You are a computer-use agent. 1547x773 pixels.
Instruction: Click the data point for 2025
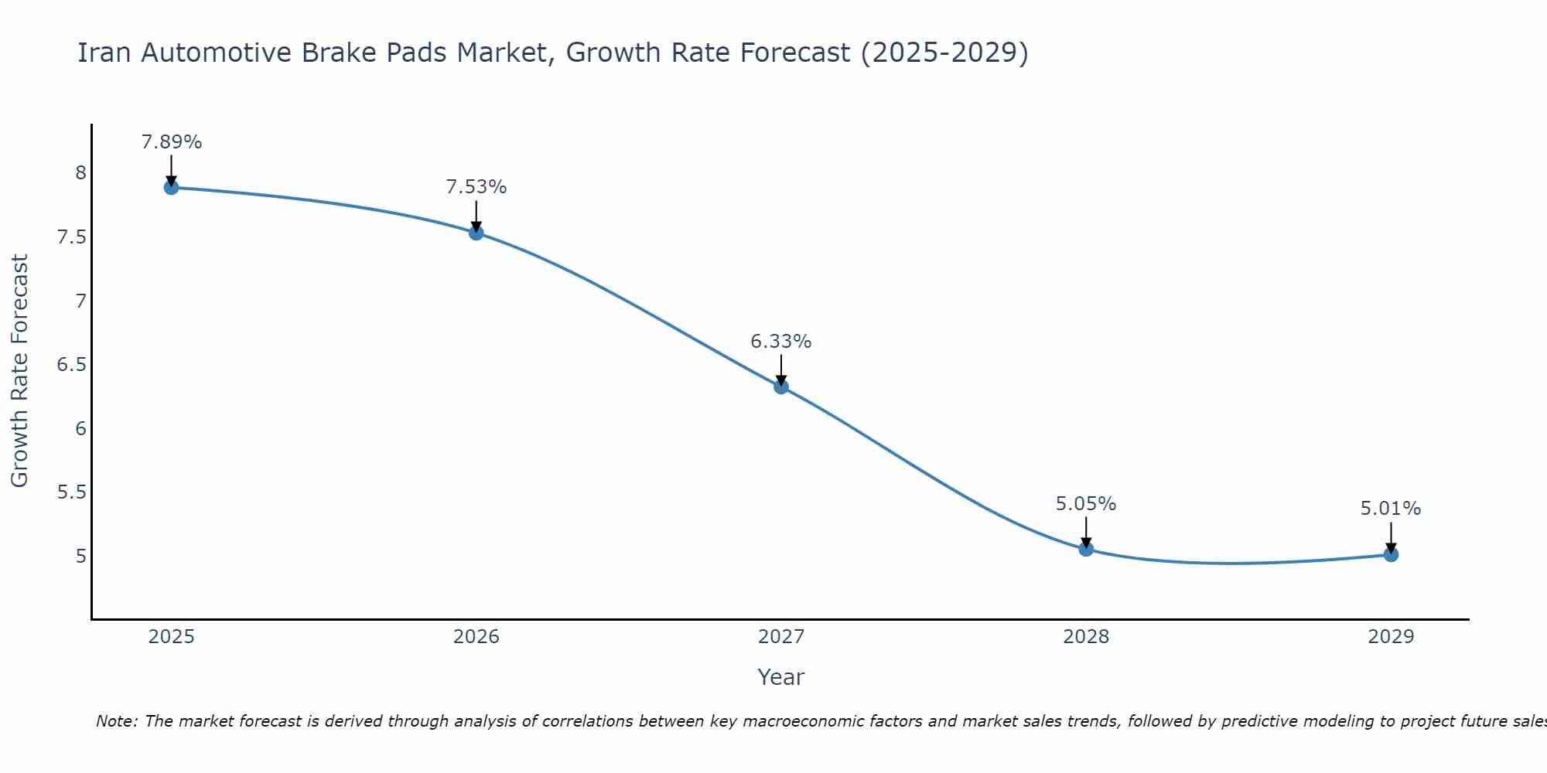(171, 187)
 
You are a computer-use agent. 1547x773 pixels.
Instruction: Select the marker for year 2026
(476, 233)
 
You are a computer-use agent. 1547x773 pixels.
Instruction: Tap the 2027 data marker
(781, 386)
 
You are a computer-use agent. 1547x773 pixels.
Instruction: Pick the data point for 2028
(1086, 550)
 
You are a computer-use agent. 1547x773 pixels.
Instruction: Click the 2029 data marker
(1391, 554)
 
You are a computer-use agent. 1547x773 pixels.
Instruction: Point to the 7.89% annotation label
(171, 142)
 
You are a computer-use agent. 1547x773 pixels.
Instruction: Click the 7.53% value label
(476, 187)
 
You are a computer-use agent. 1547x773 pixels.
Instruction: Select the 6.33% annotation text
(781, 342)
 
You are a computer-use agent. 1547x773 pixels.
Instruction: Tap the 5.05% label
(1086, 504)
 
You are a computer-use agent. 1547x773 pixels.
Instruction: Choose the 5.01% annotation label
(1391, 509)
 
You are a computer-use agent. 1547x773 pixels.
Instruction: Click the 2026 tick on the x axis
(476, 637)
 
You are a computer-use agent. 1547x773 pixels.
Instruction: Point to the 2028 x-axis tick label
(1086, 637)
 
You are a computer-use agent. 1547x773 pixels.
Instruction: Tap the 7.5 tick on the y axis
(71, 237)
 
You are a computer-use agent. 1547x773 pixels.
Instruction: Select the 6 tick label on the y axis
(80, 429)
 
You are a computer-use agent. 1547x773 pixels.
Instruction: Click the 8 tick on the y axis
(80, 173)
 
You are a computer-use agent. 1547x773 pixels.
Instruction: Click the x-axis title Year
(781, 677)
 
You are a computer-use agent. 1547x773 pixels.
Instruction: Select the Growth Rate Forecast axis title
(20, 371)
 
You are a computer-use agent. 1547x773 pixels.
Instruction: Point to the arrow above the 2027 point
(781, 369)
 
